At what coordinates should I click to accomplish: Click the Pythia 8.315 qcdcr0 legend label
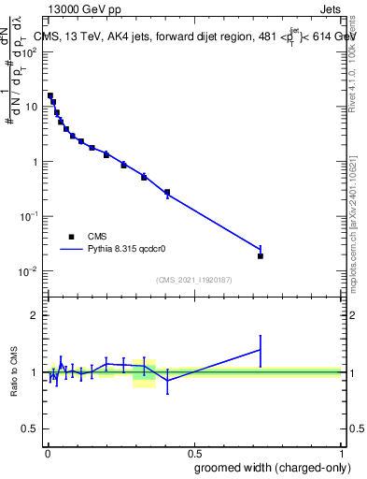click(x=128, y=251)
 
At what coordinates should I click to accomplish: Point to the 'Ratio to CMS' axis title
click(x=15, y=371)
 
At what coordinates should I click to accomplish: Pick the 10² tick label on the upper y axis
click(x=29, y=51)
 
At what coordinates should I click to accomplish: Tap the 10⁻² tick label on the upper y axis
click(x=28, y=271)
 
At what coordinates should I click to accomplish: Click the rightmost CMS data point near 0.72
click(x=261, y=255)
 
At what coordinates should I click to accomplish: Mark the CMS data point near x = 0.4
click(x=167, y=193)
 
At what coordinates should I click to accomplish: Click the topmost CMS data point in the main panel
click(x=49, y=95)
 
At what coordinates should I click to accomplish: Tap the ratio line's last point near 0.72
click(x=261, y=350)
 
